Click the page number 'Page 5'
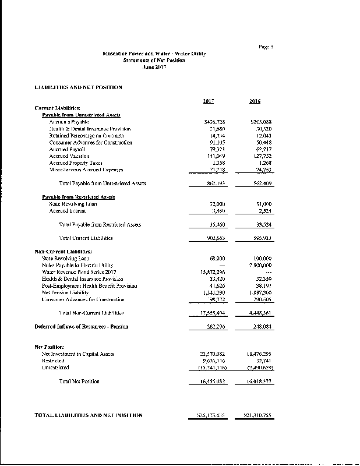pos(266,46)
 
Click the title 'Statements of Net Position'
pos(154,60)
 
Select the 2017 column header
pos(208,101)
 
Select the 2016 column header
pos(255,101)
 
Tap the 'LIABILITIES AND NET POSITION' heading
pos(79,87)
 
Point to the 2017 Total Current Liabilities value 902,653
pos(204,238)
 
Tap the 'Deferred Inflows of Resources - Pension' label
pos(82,326)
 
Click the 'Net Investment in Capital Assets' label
pos(78,354)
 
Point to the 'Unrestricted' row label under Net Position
pos(55,368)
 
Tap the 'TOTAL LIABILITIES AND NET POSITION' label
pos(89,415)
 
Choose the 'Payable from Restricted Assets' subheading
pos(79,197)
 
